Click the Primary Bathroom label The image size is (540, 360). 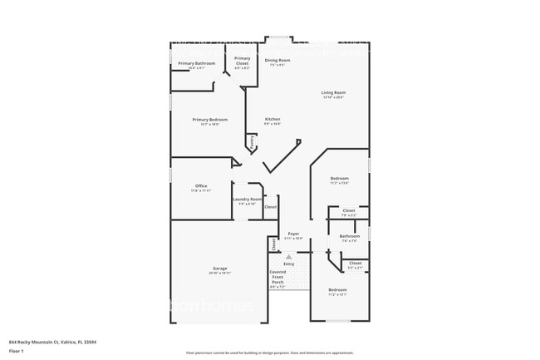pos(196,63)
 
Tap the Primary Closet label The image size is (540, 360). pos(242,61)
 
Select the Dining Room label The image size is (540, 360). pos(277,60)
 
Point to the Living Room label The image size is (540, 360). pos(334,92)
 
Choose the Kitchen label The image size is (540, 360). pos(272,120)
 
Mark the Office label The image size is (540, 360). pos(201,185)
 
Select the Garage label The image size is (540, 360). pos(219,269)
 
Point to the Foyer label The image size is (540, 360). pos(293,234)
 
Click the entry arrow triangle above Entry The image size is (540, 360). pos(288,257)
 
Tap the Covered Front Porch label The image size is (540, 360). pos(277,278)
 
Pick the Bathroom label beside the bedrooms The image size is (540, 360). pos(349,236)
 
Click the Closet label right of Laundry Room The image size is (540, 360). pos(271,206)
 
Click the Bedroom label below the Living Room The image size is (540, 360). pos(339,179)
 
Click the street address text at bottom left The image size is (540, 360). pos(52,342)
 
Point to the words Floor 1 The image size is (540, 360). pos(16,350)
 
